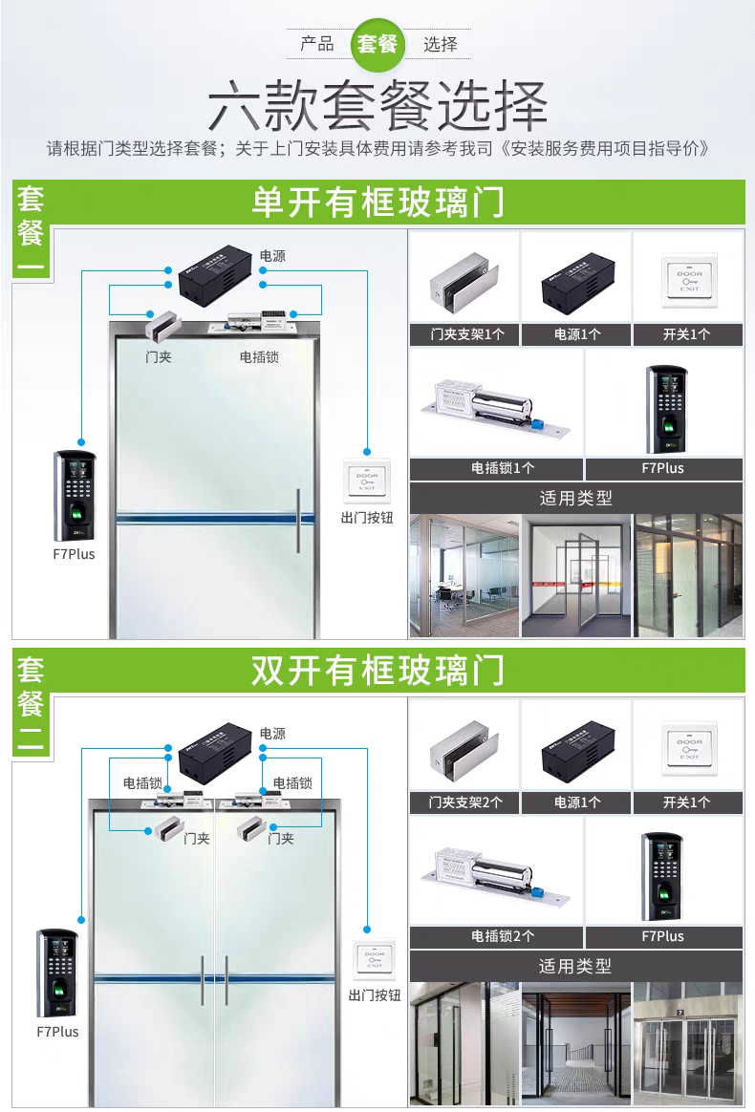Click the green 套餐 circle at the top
pyautogui.click(x=377, y=44)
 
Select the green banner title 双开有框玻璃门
pyautogui.click(x=377, y=671)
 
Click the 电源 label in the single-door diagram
pyautogui.click(x=272, y=256)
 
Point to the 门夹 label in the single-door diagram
pyautogui.click(x=159, y=357)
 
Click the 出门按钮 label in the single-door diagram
pyautogui.click(x=367, y=517)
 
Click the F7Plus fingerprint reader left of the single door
pyautogui.click(x=74, y=494)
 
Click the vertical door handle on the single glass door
pyautogui.click(x=298, y=521)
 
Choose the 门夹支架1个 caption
pyautogui.click(x=464, y=334)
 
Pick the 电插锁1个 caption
pyautogui.click(x=495, y=468)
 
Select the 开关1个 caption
pyautogui.click(x=687, y=334)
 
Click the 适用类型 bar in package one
pyautogui.click(x=575, y=498)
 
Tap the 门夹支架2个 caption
pyautogui.click(x=464, y=802)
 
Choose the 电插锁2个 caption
pyautogui.click(x=495, y=936)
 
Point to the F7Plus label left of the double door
pyautogui.click(x=57, y=1032)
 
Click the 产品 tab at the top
pyautogui.click(x=317, y=44)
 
